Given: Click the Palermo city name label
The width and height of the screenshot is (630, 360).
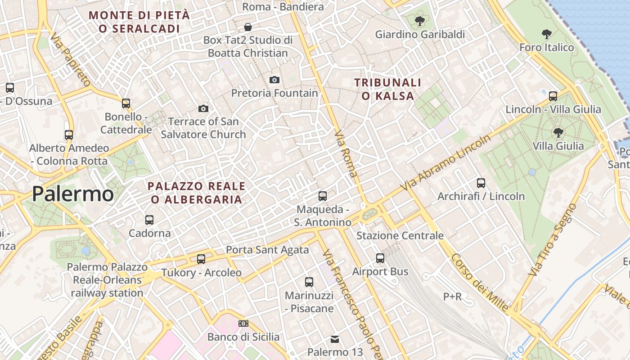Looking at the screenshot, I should coord(72,194).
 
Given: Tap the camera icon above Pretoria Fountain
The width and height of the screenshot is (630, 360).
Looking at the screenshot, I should coord(274,80).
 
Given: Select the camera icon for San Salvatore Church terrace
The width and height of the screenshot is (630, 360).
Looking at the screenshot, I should coord(203,108).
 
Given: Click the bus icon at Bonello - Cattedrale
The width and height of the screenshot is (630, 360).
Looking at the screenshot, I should coord(126,103).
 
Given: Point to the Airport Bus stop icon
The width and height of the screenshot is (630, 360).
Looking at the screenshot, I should coord(380,258).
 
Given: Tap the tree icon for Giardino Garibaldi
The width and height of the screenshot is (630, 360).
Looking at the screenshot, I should coord(420,21).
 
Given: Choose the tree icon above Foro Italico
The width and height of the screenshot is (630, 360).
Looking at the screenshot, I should coord(547,34).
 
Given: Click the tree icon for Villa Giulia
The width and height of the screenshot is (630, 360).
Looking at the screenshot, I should coord(558,132).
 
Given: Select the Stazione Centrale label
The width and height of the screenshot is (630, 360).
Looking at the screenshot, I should coord(400,235).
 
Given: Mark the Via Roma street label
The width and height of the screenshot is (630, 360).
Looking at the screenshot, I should coord(346,153).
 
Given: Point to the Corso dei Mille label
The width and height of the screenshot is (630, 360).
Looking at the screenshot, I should coord(480,283).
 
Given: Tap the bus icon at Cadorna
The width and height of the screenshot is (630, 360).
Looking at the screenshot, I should coord(149,220).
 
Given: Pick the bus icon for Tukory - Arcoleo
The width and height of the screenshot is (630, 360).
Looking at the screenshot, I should coord(201,259).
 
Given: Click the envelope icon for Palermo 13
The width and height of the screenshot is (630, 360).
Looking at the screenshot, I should coord(335,339).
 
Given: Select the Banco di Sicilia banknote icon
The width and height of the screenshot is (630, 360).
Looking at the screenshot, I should coord(243,324).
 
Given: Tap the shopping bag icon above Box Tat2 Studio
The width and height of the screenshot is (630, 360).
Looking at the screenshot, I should coord(248,27).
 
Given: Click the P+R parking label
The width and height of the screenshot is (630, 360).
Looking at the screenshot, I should coord(452,297).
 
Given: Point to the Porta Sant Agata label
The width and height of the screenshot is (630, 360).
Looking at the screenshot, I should coord(267,250).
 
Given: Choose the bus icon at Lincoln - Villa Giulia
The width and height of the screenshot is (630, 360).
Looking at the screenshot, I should coord(553,96).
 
